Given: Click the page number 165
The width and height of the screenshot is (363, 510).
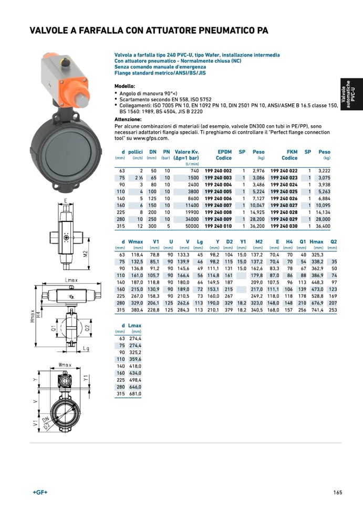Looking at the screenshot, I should pyautogui.click(x=337, y=492).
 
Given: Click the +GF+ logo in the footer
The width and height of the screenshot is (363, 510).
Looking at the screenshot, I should pyautogui.click(x=40, y=492).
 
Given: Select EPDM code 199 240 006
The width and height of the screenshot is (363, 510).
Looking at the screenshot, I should pyautogui.click(x=218, y=198).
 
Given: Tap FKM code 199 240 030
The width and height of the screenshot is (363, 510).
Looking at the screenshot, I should pyautogui.click(x=284, y=226).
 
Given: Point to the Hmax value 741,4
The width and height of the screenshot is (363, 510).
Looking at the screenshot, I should pyautogui.click(x=317, y=310).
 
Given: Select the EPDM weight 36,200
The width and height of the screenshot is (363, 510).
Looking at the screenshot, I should pyautogui.click(x=256, y=226).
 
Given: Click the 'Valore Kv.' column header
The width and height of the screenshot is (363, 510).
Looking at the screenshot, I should pyautogui.click(x=186, y=152).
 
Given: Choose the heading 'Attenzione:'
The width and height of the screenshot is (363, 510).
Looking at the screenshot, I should pyautogui.click(x=128, y=119).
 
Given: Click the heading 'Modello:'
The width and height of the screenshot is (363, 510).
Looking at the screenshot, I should pyautogui.click(x=125, y=86).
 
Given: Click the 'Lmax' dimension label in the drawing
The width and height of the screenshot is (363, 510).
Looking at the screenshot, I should pyautogui.click(x=71, y=280).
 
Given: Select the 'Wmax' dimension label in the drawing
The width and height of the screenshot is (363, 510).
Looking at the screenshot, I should pyautogui.click(x=65, y=364).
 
